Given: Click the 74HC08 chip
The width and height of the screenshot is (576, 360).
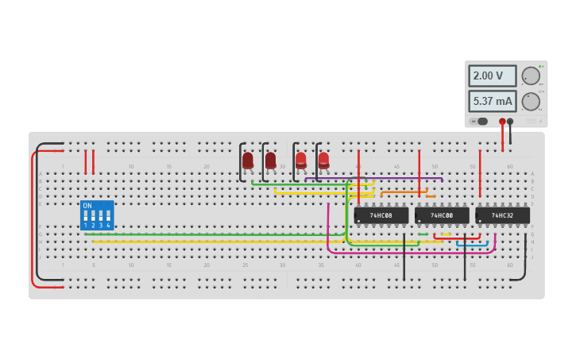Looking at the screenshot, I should click(381, 215).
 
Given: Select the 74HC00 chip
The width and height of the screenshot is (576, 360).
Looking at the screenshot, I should click(442, 215).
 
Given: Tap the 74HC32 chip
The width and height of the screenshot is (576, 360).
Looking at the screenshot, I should click(502, 215).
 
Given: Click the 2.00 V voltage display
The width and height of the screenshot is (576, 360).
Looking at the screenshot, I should click(492, 76).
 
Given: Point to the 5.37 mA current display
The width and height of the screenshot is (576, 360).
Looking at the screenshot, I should click(492, 101).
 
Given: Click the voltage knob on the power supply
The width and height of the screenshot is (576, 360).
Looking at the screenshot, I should click(530, 76).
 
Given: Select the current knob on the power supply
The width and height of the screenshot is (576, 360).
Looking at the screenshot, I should click(530, 101).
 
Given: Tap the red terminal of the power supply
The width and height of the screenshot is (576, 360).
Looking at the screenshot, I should click(502, 122).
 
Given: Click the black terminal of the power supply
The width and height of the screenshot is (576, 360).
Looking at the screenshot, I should click(510, 122).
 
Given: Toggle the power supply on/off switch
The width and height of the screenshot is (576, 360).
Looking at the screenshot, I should click(479, 122).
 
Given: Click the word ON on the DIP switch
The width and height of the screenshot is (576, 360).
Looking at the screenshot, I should click(87, 206).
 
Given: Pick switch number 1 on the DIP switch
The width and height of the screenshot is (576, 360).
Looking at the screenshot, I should click(86, 216).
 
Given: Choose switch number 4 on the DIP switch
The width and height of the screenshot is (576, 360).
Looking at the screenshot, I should click(108, 216).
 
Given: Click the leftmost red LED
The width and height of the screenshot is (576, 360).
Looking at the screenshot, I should click(248, 161).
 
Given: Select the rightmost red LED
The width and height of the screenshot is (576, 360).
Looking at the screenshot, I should click(323, 161).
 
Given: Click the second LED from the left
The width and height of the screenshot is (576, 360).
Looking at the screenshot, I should click(270, 161).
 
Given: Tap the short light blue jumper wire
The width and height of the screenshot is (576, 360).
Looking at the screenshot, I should click(472, 243).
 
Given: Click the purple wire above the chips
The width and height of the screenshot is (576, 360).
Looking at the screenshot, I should click(397, 179).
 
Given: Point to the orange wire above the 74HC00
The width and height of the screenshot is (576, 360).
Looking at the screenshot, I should click(404, 192).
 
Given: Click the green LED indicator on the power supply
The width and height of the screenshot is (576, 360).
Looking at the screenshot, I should click(540, 67).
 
